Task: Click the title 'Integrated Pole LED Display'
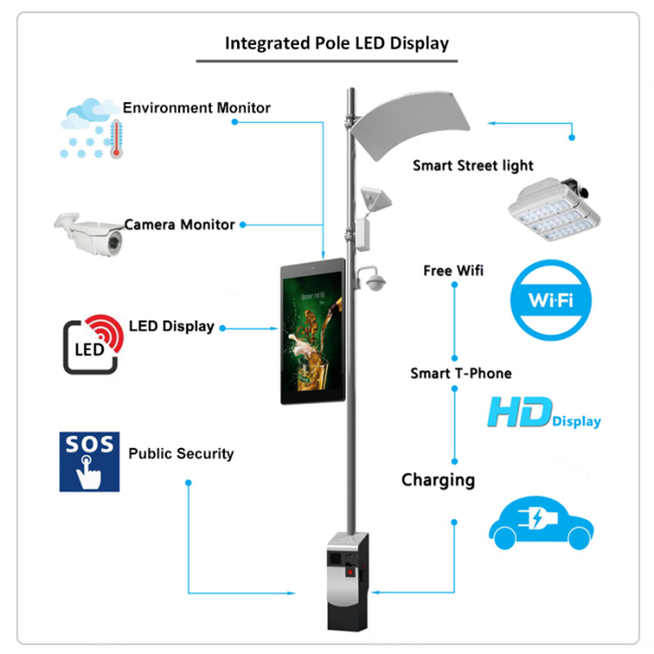click(x=337, y=43)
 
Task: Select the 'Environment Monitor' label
click(x=196, y=107)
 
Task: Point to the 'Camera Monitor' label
click(x=179, y=224)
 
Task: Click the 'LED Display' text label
click(x=171, y=326)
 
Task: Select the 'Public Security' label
click(x=181, y=453)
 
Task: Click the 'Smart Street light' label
click(x=473, y=165)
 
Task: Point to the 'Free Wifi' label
click(x=453, y=270)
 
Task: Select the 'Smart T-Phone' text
click(x=460, y=373)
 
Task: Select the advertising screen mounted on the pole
click(x=312, y=332)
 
